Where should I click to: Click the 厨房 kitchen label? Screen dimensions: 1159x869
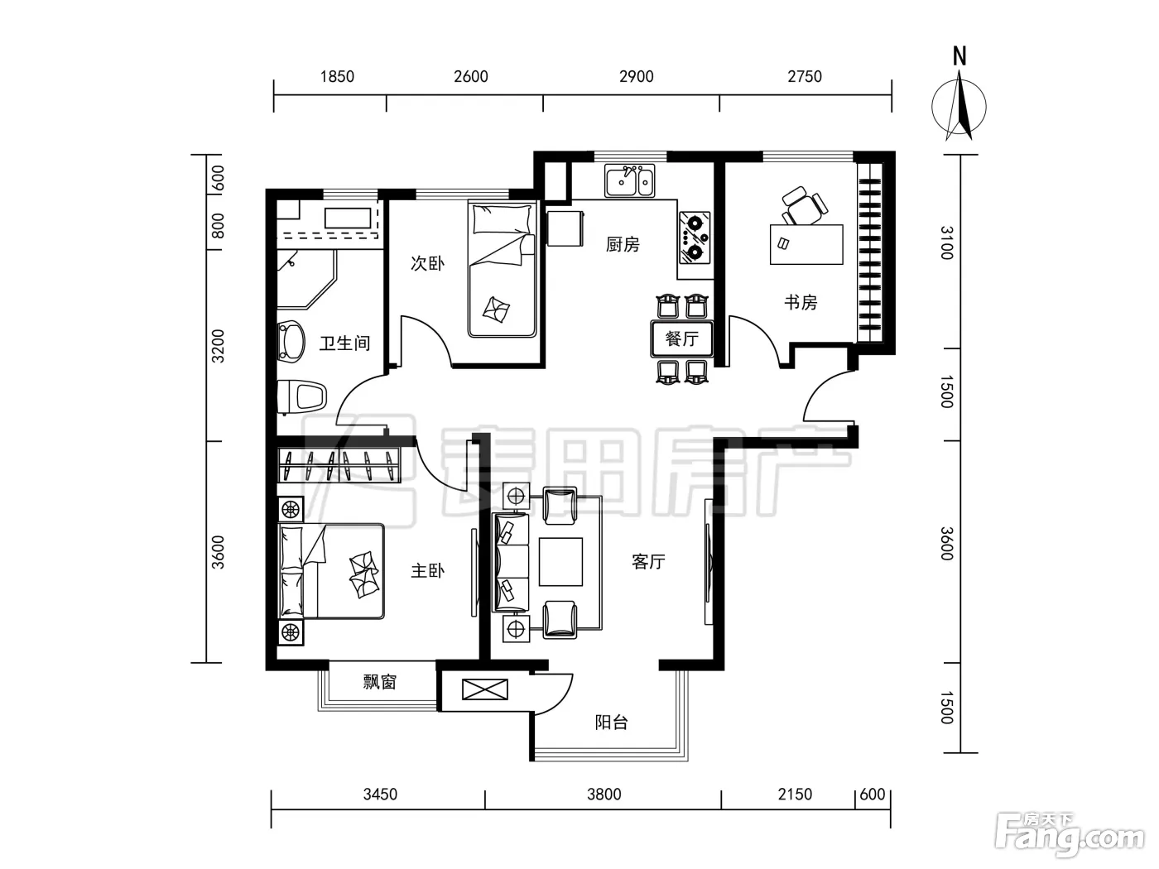[x=623, y=245]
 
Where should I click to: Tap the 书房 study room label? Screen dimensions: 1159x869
[x=801, y=302]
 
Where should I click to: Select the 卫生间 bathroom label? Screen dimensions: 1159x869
[x=344, y=343]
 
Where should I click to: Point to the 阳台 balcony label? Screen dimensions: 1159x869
[x=612, y=723]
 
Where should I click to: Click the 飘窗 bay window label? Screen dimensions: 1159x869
[x=380, y=682]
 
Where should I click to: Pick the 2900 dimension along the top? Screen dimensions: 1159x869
[x=637, y=77]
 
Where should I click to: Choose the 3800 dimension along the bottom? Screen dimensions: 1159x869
[x=604, y=794]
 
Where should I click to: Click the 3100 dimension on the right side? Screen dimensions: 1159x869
[x=947, y=242]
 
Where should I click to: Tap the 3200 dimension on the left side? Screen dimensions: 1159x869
[x=218, y=346]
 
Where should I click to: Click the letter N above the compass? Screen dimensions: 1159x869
[x=959, y=56]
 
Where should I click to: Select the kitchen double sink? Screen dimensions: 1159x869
[x=629, y=180]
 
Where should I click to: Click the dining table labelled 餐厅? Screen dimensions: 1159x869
[x=682, y=338]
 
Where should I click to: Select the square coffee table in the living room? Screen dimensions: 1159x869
[x=560, y=562]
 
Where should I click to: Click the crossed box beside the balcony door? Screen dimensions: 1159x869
[x=485, y=689]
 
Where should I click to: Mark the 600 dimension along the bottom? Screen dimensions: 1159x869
[x=873, y=794]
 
